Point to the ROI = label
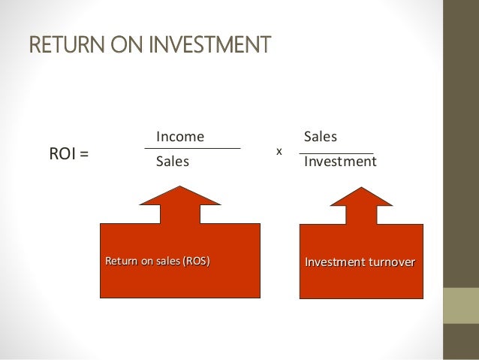[x=68, y=155]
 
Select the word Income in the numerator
[x=180, y=137]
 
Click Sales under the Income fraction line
[x=173, y=162]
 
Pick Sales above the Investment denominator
[x=320, y=137]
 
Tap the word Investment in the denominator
[x=339, y=162]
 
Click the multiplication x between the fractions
[x=279, y=151]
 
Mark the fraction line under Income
[x=192, y=149]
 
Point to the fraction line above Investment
[x=336, y=153]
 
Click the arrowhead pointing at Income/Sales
[x=180, y=195]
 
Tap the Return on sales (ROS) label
[x=157, y=262]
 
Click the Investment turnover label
[x=360, y=262]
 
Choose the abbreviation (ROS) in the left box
[x=196, y=262]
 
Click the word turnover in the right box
[x=390, y=262]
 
